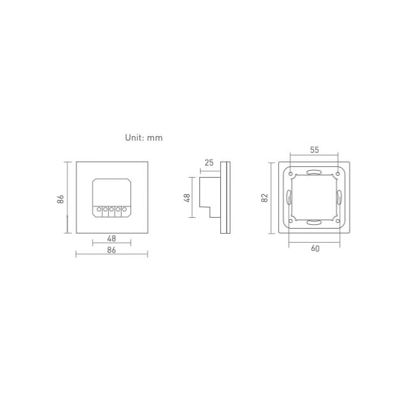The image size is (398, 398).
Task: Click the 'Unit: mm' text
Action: (144, 138)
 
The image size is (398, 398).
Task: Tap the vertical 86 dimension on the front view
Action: (60, 199)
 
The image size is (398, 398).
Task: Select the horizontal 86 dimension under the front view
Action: (111, 250)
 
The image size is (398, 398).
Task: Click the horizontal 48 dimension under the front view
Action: (111, 238)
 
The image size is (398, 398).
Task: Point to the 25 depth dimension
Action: (209, 162)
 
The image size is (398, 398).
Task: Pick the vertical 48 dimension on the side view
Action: (187, 198)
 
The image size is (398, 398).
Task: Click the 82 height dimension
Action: (264, 198)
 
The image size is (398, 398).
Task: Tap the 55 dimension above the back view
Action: (314, 150)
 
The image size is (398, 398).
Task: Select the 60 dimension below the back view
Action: (315, 248)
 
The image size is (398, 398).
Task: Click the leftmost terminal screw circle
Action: (99, 210)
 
